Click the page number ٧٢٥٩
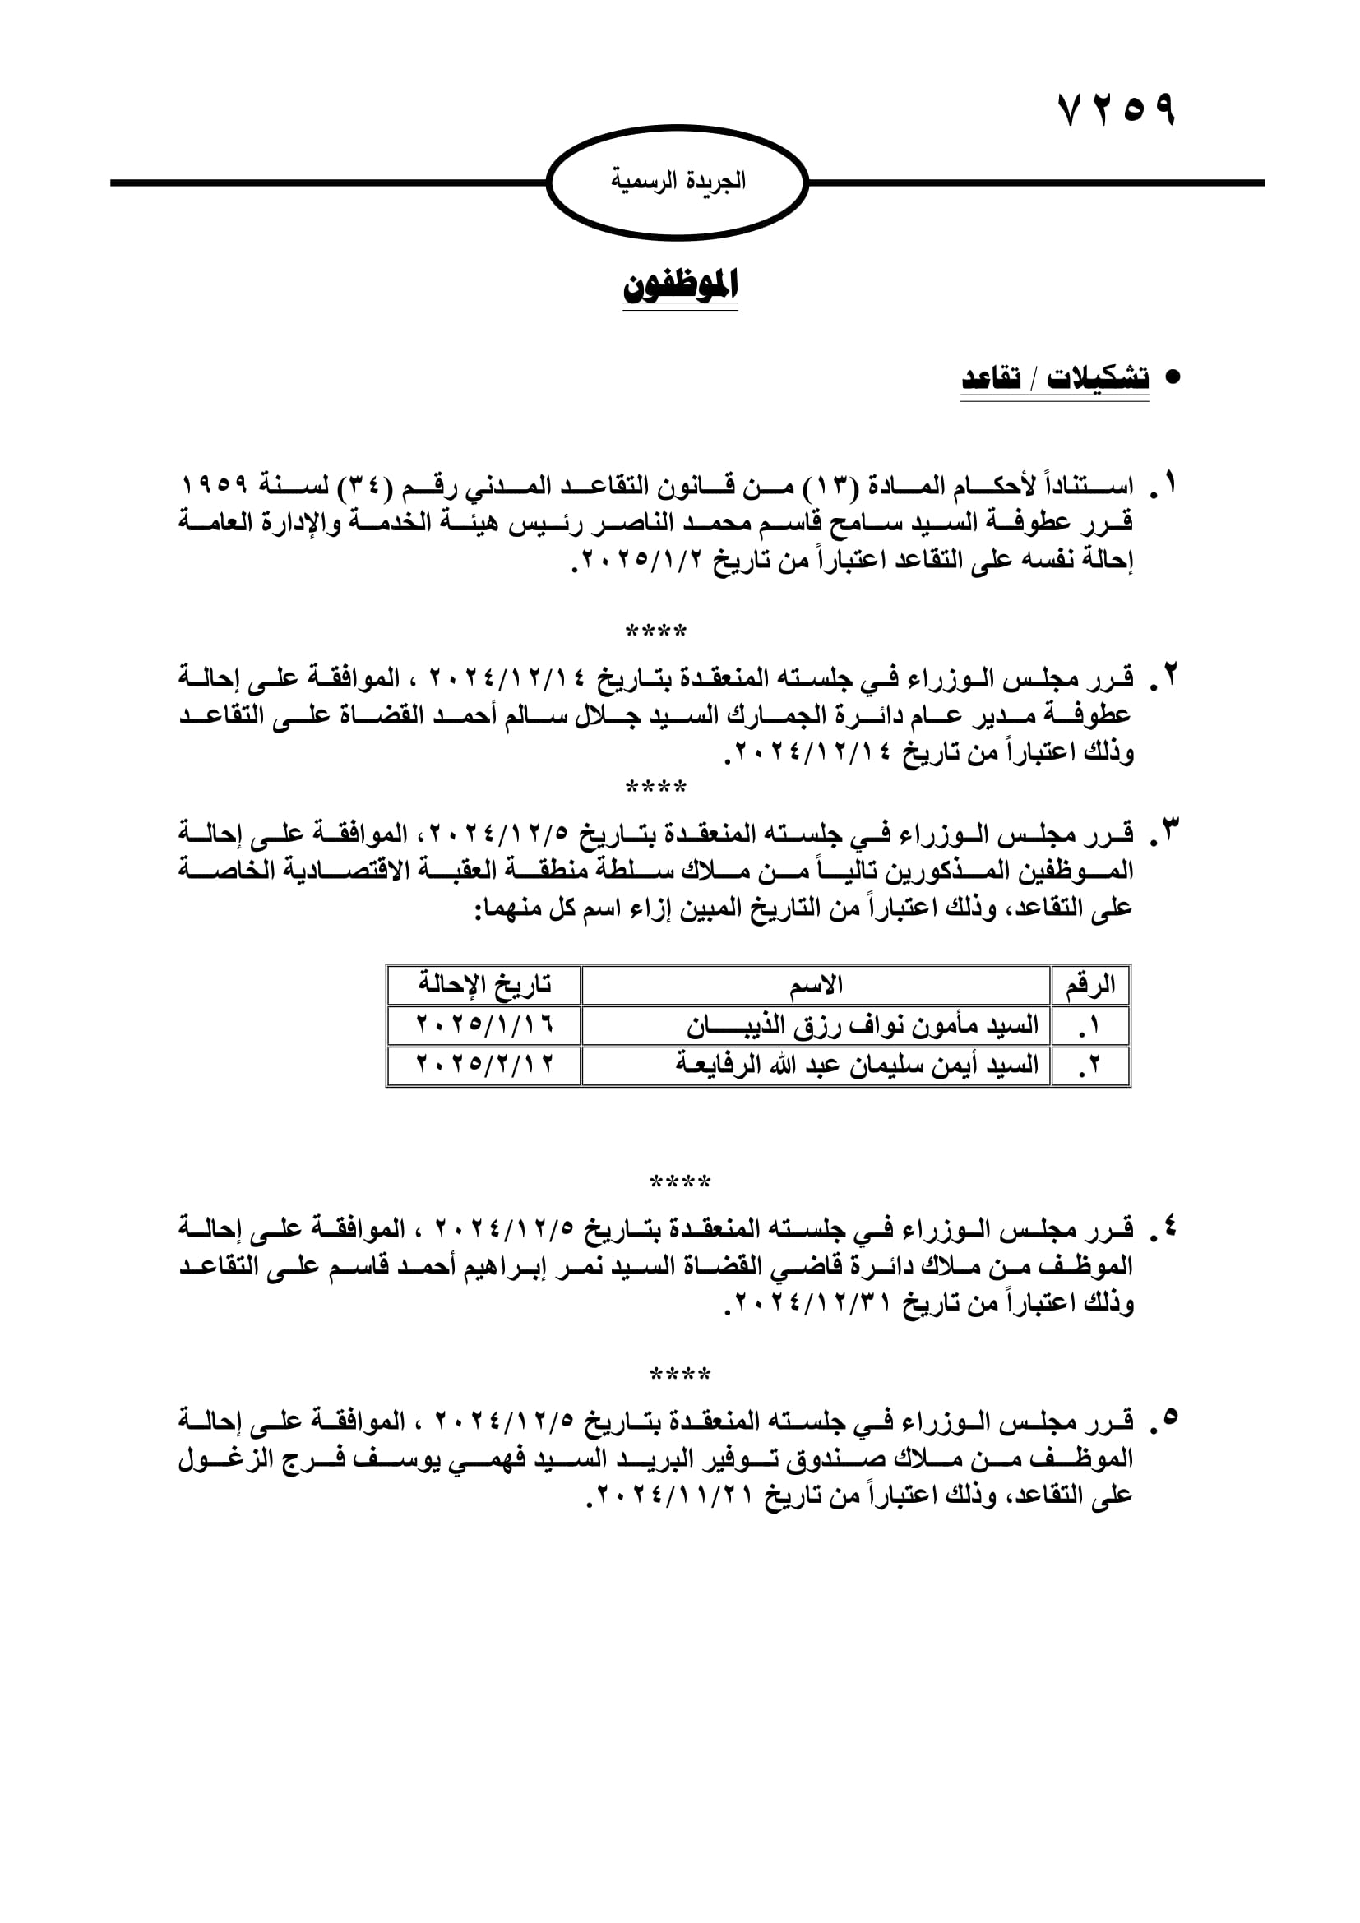pyautogui.click(x=1117, y=109)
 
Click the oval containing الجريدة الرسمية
pyautogui.click(x=678, y=182)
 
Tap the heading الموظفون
pyautogui.click(x=680, y=285)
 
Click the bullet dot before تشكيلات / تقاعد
pyautogui.click(x=1173, y=377)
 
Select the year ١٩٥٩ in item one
pyautogui.click(x=215, y=485)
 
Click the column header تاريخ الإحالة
pyautogui.click(x=484, y=984)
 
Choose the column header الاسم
pyautogui.click(x=816, y=984)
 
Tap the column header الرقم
pyautogui.click(x=1090, y=984)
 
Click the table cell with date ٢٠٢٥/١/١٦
pyautogui.click(x=484, y=1024)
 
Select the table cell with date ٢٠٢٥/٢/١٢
pyautogui.click(x=484, y=1065)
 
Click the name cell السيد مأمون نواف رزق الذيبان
pyautogui.click(x=863, y=1024)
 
